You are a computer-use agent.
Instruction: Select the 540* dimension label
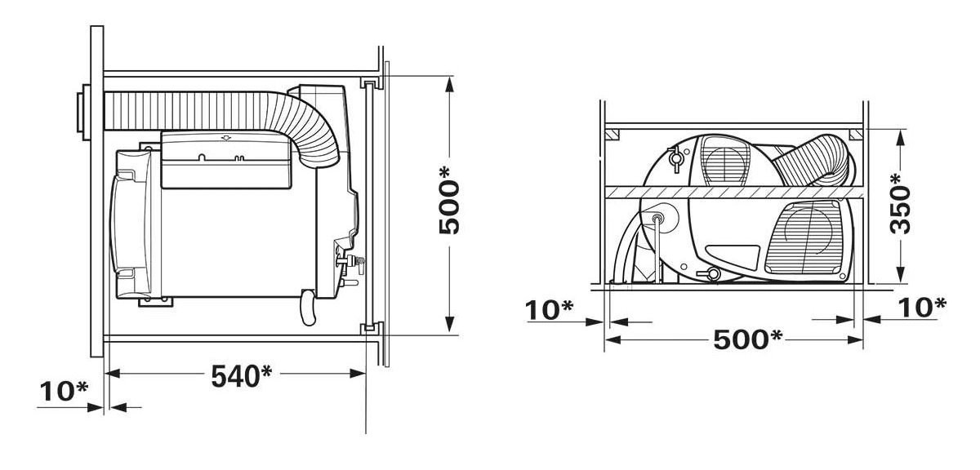pyautogui.click(x=241, y=376)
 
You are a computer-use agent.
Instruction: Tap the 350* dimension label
pyautogui.click(x=899, y=203)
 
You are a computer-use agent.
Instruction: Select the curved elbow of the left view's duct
pyautogui.click(x=314, y=131)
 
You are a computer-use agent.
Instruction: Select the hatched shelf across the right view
pyautogui.click(x=735, y=192)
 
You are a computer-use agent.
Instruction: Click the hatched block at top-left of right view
pyautogui.click(x=615, y=133)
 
